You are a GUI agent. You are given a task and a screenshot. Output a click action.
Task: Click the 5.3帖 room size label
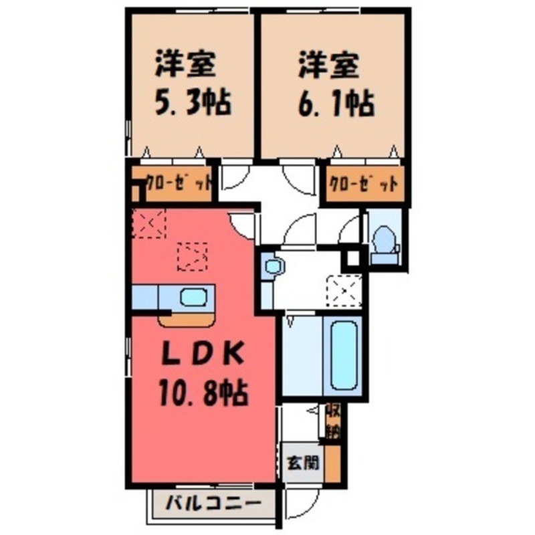189,104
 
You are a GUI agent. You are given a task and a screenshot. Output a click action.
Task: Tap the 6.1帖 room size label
334,104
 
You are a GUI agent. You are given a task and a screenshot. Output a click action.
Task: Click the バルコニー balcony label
210,503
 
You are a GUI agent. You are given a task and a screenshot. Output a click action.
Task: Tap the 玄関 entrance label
302,461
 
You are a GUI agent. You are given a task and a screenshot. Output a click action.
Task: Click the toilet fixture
385,239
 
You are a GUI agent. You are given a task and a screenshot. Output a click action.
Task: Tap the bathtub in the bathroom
346,356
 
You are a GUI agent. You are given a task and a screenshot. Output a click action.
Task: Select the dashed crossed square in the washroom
344,290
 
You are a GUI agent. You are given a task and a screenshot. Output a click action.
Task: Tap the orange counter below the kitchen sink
187,320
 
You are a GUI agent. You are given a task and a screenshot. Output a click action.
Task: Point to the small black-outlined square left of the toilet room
352,259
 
